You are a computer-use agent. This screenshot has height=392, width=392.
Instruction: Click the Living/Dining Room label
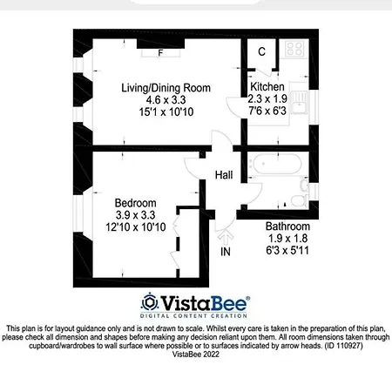click(x=166, y=88)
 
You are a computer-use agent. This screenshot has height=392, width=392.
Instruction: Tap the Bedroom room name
click(x=135, y=203)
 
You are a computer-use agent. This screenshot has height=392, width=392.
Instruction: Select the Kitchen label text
click(x=267, y=86)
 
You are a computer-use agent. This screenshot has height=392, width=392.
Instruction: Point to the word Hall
click(x=224, y=175)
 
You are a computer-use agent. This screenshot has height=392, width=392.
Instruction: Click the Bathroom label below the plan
click(x=287, y=226)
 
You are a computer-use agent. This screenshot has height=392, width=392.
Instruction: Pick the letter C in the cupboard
click(x=261, y=51)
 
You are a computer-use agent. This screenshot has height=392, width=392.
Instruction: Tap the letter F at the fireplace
click(x=160, y=53)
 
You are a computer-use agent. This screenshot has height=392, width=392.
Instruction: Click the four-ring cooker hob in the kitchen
click(x=294, y=49)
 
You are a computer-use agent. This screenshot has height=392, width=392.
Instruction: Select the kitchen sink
click(x=299, y=102)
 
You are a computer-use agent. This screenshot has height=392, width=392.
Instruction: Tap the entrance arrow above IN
click(x=226, y=238)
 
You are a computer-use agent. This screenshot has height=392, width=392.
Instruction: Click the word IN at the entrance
click(x=226, y=252)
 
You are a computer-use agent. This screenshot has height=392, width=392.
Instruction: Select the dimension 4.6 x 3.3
click(x=166, y=100)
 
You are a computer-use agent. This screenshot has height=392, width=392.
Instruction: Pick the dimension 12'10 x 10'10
click(x=136, y=226)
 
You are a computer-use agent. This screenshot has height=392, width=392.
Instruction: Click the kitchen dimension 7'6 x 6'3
click(x=267, y=111)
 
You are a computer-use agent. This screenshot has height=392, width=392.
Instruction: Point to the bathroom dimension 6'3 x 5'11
click(x=287, y=250)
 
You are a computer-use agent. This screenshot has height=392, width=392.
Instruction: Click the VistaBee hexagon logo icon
click(x=150, y=303)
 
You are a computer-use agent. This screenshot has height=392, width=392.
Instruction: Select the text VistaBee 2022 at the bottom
click(x=196, y=355)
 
